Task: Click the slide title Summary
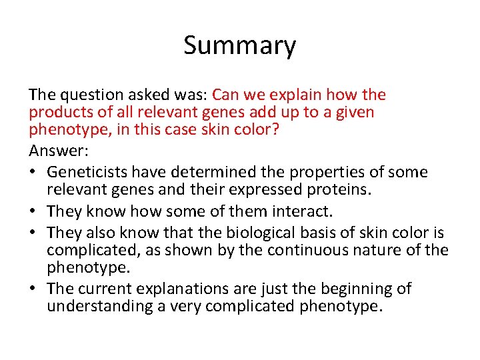click(239, 46)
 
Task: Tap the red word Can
click(227, 95)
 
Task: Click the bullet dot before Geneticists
click(33, 173)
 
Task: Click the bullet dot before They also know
click(33, 232)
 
